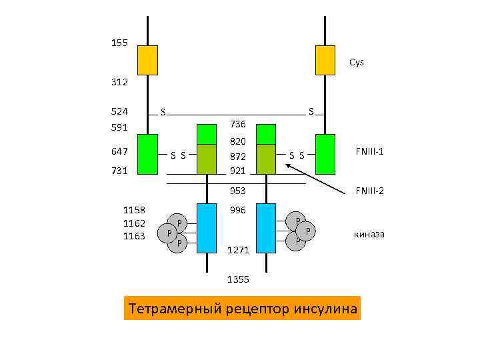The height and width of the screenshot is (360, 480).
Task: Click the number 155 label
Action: click(x=119, y=43)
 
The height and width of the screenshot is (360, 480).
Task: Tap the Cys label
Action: click(x=357, y=63)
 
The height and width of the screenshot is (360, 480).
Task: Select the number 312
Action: click(x=119, y=83)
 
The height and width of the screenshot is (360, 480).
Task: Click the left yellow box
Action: click(x=147, y=60)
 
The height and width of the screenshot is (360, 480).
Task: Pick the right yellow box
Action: click(x=325, y=60)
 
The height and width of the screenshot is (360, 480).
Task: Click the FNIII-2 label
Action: click(x=369, y=191)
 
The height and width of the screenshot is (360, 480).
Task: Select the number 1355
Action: click(x=238, y=279)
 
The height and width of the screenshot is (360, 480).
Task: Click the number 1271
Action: click(x=238, y=250)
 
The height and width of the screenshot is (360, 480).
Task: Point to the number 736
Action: click(x=238, y=124)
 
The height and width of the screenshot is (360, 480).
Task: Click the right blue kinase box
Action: click(x=266, y=228)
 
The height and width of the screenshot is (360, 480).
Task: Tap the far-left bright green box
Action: click(x=147, y=154)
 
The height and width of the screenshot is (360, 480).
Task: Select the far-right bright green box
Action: click(x=325, y=154)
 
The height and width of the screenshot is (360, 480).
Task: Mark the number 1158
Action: click(x=135, y=211)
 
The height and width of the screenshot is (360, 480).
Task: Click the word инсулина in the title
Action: click(x=323, y=309)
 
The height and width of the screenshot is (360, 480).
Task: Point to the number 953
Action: click(x=238, y=191)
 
